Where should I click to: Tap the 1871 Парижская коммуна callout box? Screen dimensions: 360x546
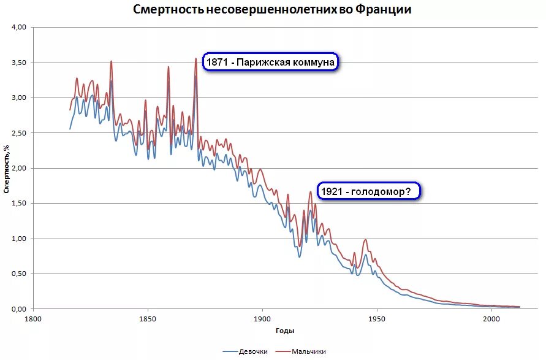point(271,63)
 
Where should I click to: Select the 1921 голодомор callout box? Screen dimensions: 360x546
point(369,191)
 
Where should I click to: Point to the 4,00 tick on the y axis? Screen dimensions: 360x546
point(20,28)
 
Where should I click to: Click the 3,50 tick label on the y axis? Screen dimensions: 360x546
point(20,63)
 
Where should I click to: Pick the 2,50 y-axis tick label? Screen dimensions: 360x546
point(20,133)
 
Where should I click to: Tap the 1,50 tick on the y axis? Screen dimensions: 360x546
point(20,204)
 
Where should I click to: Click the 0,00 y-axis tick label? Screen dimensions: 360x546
point(20,309)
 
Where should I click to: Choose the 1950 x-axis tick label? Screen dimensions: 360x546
point(376,320)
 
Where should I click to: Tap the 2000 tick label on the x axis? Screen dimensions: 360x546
point(491,320)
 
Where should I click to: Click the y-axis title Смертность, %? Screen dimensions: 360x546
point(7,169)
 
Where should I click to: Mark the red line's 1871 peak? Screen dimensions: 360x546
point(195,59)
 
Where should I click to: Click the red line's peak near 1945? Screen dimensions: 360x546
point(365,240)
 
